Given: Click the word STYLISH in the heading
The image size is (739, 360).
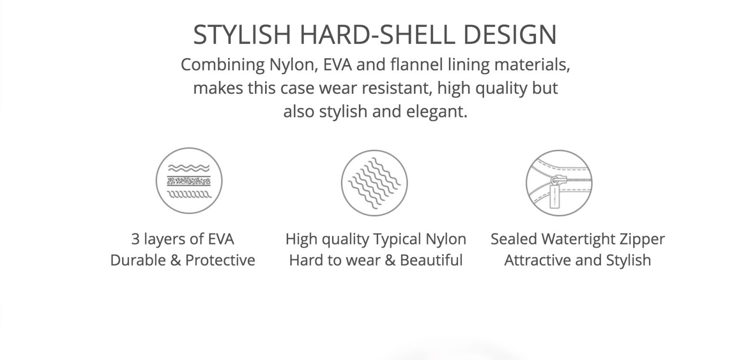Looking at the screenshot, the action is pyautogui.click(x=242, y=34).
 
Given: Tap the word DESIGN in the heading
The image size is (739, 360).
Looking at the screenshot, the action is pyautogui.click(x=510, y=34).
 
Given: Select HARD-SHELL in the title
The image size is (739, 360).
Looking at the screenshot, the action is pyautogui.click(x=377, y=34).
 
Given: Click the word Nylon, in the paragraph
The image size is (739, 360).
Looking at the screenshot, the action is pyautogui.click(x=293, y=64).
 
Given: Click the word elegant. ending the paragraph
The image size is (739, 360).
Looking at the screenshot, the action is pyautogui.click(x=436, y=112).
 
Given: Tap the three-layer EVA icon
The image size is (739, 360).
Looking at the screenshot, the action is pyautogui.click(x=189, y=180).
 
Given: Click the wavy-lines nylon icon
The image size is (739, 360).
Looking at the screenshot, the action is pyautogui.click(x=374, y=183).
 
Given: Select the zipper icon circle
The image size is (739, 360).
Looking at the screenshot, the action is pyautogui.click(x=559, y=183).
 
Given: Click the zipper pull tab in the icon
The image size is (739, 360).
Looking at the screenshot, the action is pyautogui.click(x=555, y=197).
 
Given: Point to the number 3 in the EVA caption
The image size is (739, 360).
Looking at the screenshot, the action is pyautogui.click(x=135, y=239).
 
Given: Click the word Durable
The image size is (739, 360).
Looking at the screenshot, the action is pyautogui.click(x=138, y=260).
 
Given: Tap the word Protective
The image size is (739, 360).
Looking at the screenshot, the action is pyautogui.click(x=220, y=260).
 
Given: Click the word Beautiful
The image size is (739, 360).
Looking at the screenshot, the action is pyautogui.click(x=431, y=260).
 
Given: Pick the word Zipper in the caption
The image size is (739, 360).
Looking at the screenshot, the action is pyautogui.click(x=642, y=240).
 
